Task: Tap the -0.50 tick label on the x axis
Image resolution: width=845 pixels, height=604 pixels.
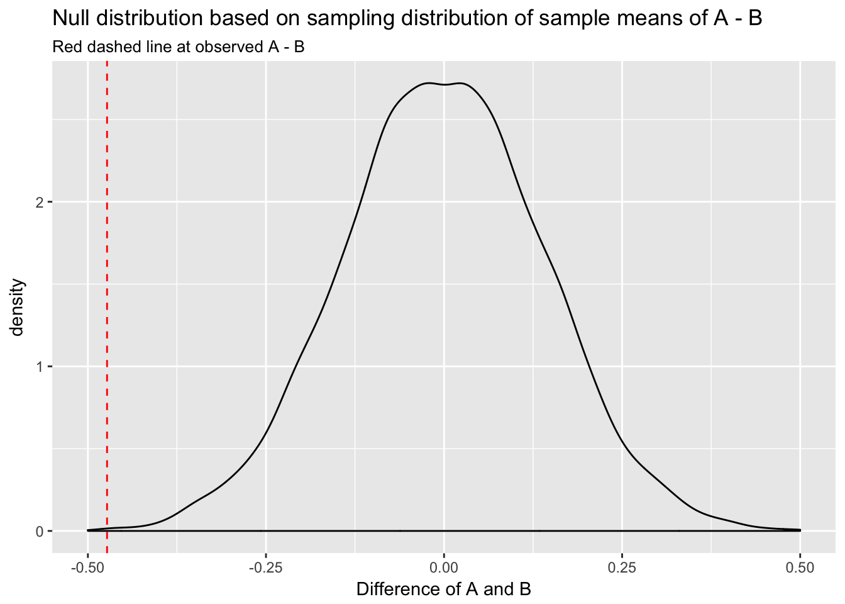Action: point(87,568)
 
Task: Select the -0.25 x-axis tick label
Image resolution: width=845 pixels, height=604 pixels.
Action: point(265,568)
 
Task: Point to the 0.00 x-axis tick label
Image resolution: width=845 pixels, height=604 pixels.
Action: point(444,568)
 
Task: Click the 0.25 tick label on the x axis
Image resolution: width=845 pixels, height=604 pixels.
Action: point(622,568)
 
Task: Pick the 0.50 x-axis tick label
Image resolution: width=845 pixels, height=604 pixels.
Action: point(800,568)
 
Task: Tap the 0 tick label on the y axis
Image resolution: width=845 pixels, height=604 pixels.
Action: point(40,531)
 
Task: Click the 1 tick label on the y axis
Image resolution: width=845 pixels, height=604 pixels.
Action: point(40,367)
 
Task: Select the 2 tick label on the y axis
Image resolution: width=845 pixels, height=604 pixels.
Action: point(40,203)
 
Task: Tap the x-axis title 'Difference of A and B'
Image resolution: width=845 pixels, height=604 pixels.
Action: point(444,590)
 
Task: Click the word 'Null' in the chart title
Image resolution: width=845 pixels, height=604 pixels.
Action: point(67,18)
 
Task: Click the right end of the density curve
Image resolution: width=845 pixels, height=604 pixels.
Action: point(800,530)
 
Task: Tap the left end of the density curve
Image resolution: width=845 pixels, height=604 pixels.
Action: point(88,530)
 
